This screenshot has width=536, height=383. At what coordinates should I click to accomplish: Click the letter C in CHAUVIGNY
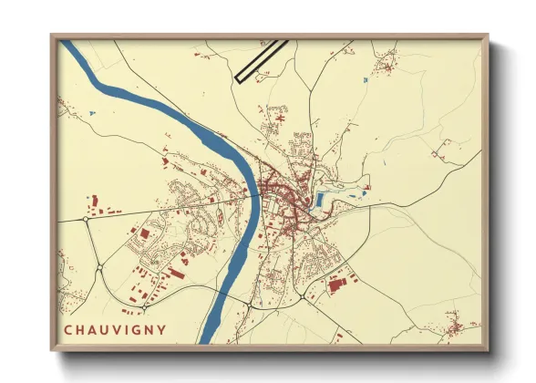pyautogui.click(x=68, y=330)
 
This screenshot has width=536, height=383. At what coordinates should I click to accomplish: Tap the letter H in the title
pyautogui.click(x=83, y=330)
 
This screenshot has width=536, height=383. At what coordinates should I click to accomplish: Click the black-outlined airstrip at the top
pyautogui.click(x=262, y=61)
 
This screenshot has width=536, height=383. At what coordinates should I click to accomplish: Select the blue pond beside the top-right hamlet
pyautogui.click(x=364, y=81)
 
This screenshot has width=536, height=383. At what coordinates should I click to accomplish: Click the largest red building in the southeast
pyautogui.click(x=338, y=285)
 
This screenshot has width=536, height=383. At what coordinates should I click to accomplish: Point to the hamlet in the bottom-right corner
pyautogui.click(x=456, y=323)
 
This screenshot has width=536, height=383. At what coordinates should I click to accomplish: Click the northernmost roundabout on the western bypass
pyautogui.click(x=86, y=219)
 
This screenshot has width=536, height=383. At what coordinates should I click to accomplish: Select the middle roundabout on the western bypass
pyautogui.click(x=99, y=267)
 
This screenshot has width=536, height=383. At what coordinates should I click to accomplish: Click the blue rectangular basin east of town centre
pyautogui.click(x=320, y=200)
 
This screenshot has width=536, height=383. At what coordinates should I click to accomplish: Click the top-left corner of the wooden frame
pyautogui.click(x=53, y=36)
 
